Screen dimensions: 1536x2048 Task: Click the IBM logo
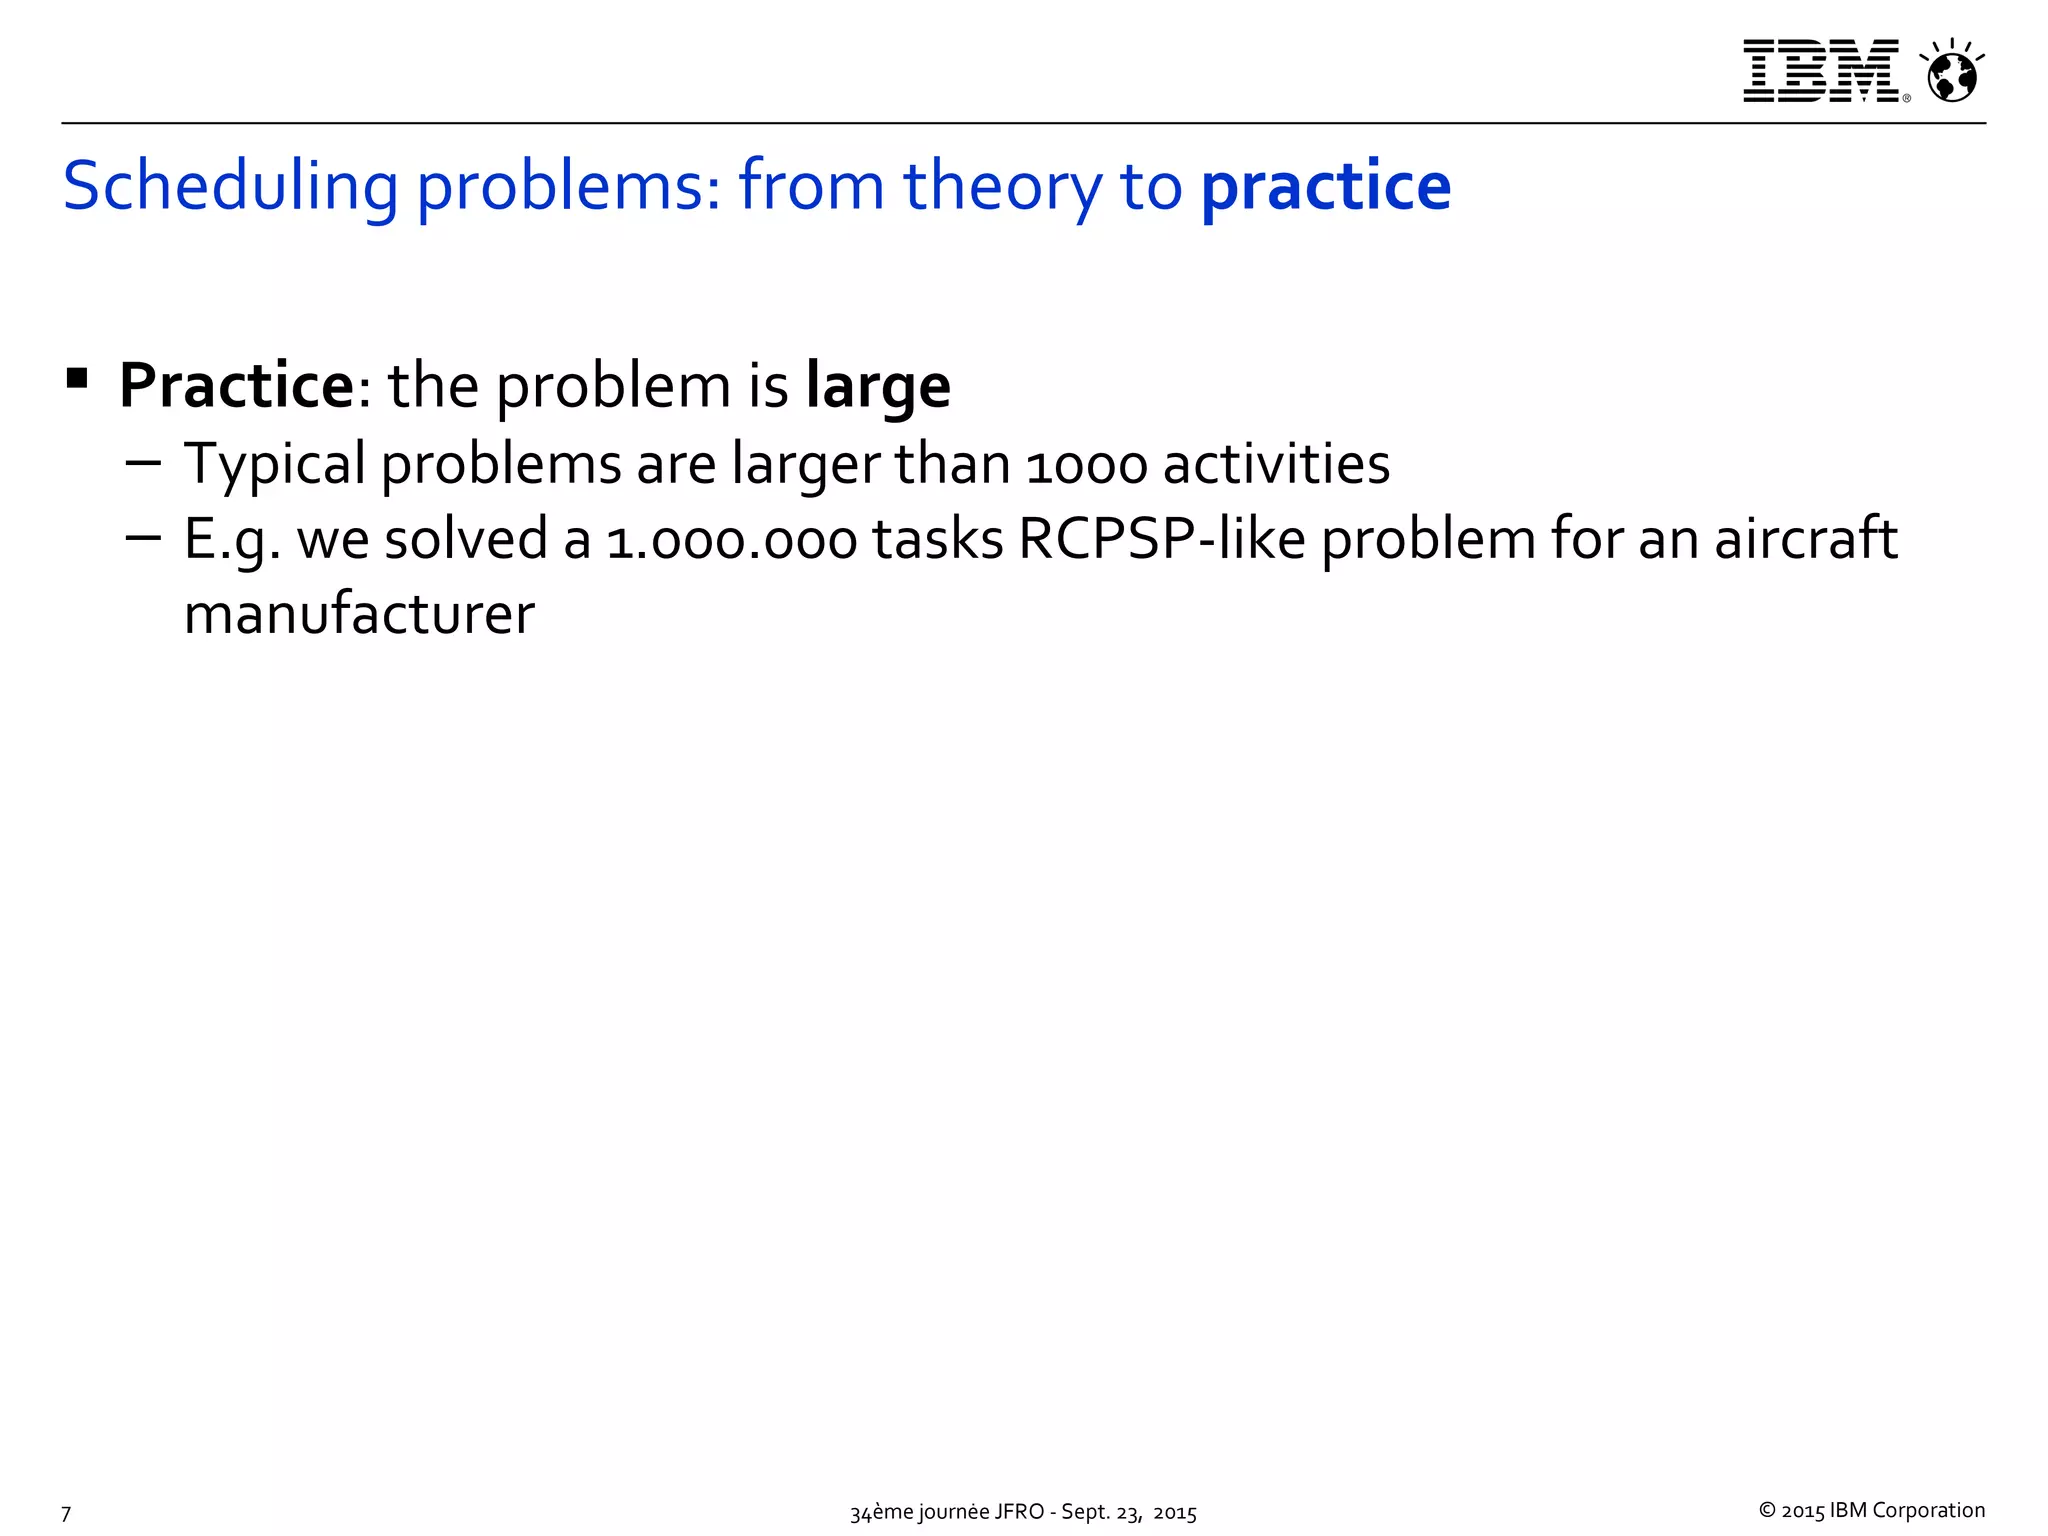pyautogui.click(x=1820, y=71)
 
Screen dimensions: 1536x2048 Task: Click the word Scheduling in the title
pyautogui.click(x=231, y=187)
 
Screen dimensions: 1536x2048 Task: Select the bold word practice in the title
pyautogui.click(x=1325, y=187)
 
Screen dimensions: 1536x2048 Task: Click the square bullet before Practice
pyautogui.click(x=77, y=379)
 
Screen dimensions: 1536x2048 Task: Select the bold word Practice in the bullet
pyautogui.click(x=235, y=385)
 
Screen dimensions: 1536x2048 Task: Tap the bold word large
pyautogui.click(x=878, y=387)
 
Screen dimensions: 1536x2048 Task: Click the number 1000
pyautogui.click(x=1086, y=466)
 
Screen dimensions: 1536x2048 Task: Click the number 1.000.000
pyautogui.click(x=732, y=541)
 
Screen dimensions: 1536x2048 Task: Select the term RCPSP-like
pyautogui.click(x=1162, y=540)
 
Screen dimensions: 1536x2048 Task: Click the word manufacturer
pyautogui.click(x=360, y=614)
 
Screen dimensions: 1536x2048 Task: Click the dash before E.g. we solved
pyautogui.click(x=144, y=538)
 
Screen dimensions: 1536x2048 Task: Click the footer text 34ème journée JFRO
pyautogui.click(x=946, y=1512)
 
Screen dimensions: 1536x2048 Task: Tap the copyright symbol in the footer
pyautogui.click(x=1767, y=1510)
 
